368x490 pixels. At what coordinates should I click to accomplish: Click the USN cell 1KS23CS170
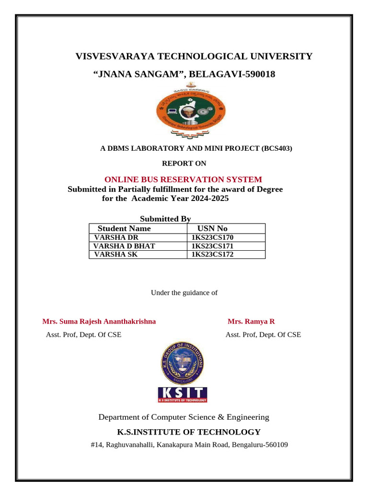tap(212, 237)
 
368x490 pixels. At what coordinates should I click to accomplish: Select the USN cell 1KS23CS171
tap(212, 246)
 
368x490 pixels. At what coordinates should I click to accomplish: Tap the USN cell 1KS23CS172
tap(212, 255)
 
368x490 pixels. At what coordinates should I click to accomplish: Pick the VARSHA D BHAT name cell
tap(125, 246)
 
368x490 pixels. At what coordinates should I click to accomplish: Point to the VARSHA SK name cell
tap(116, 255)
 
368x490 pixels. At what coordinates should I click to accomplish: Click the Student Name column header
tap(124, 228)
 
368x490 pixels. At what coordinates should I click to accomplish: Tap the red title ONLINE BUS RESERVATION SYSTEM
tap(183, 179)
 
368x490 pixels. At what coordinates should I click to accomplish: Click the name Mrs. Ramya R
tap(251, 322)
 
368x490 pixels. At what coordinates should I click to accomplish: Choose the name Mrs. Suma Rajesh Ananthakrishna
tap(99, 322)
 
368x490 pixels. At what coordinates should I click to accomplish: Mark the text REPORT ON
tap(184, 164)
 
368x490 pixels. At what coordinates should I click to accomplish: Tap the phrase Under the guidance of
tap(184, 292)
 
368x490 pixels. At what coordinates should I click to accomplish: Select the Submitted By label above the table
tap(165, 219)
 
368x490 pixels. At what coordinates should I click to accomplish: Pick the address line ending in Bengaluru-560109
tap(189, 445)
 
